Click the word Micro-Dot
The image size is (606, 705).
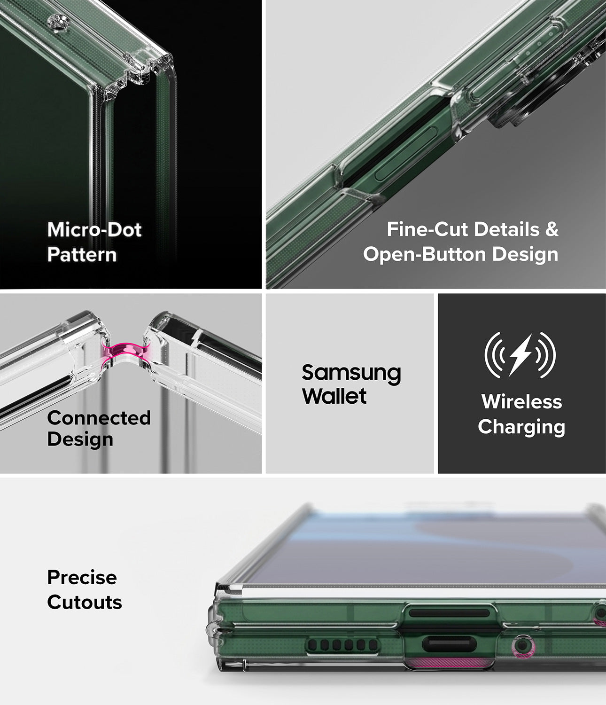pyautogui.click(x=94, y=229)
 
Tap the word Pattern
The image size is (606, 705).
pyautogui.click(x=82, y=254)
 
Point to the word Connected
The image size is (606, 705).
pyautogui.click(x=99, y=418)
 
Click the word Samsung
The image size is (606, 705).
pyautogui.click(x=351, y=374)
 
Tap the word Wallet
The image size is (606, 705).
pyautogui.click(x=334, y=396)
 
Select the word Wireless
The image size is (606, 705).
pyautogui.click(x=521, y=401)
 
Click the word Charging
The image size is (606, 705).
pyautogui.click(x=521, y=427)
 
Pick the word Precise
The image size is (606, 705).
pyautogui.click(x=82, y=578)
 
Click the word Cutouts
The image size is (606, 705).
pyautogui.click(x=85, y=603)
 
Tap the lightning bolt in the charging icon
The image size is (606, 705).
pyautogui.click(x=521, y=355)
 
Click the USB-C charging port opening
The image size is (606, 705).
pyautogui.click(x=449, y=644)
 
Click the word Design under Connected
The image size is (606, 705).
pyautogui.click(x=80, y=439)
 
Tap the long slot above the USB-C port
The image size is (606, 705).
pyautogui.click(x=449, y=613)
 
